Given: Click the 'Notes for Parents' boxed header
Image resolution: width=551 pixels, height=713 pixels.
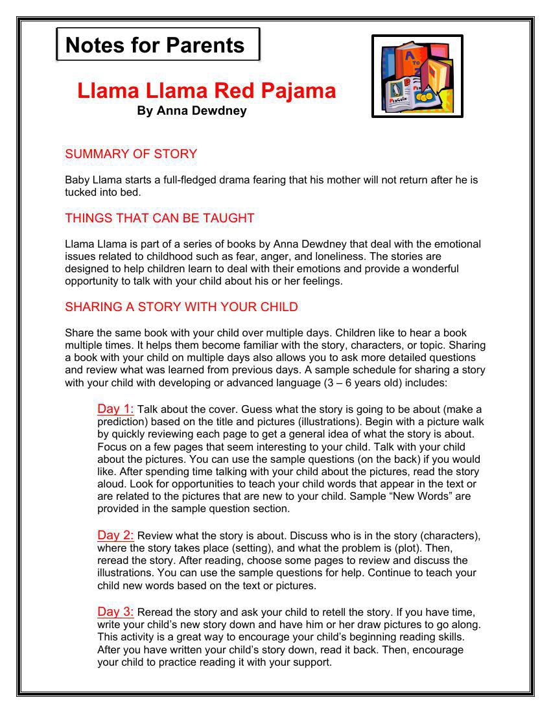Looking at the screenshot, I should coord(158,45).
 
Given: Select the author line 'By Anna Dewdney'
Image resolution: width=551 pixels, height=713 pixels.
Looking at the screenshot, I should coord(191,111).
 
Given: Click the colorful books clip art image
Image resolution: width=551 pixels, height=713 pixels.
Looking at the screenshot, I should coord(417,76).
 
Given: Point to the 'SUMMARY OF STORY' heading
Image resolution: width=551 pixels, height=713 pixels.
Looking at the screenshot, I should coord(131,154).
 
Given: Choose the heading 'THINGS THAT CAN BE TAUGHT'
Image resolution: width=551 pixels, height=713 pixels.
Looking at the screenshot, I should coord(159,218).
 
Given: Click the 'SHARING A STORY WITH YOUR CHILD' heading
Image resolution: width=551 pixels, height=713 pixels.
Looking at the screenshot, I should coord(182,307).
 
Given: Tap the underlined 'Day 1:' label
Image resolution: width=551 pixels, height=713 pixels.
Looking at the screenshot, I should coord(115,409).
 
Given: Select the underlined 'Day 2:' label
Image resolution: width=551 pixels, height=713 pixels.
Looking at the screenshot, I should coord(115,535).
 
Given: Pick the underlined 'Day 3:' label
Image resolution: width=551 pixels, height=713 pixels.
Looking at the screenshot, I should coord(115,612).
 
